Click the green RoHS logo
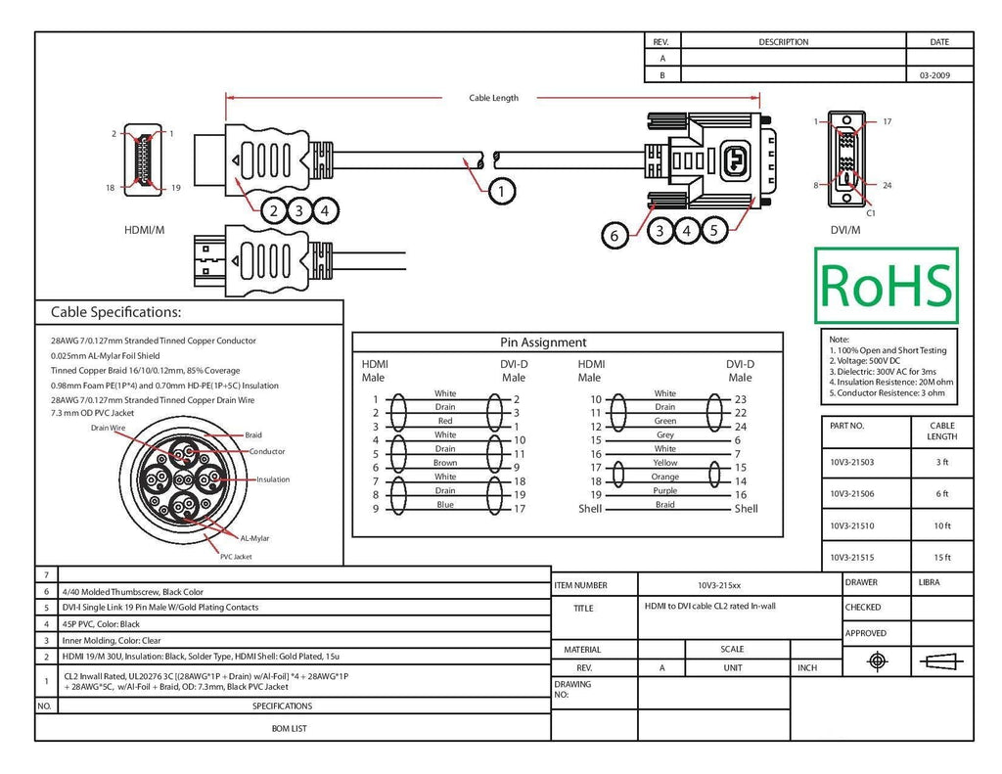pyautogui.click(x=887, y=285)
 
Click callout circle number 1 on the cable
pyautogui.click(x=502, y=191)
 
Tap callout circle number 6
pyautogui.click(x=615, y=235)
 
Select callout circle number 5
pyautogui.click(x=714, y=230)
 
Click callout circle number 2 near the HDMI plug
pyautogui.click(x=274, y=210)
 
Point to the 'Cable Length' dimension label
pyautogui.click(x=493, y=98)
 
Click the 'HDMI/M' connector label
pyautogui.click(x=145, y=230)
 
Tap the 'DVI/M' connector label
pyautogui.click(x=844, y=230)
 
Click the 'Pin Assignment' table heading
pyautogui.click(x=543, y=342)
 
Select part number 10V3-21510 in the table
pyautogui.click(x=852, y=526)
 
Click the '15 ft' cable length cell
pyautogui.click(x=942, y=558)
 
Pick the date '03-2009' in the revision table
pyautogui.click(x=934, y=75)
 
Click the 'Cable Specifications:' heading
pyautogui.click(x=115, y=312)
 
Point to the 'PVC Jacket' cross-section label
pyautogui.click(x=236, y=557)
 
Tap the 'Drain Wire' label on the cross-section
pyautogui.click(x=108, y=429)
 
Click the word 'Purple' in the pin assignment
pyautogui.click(x=664, y=491)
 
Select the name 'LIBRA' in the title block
pyautogui.click(x=930, y=582)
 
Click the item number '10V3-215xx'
pyautogui.click(x=719, y=585)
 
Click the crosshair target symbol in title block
pyautogui.click(x=878, y=660)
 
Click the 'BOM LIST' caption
pyautogui.click(x=289, y=729)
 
